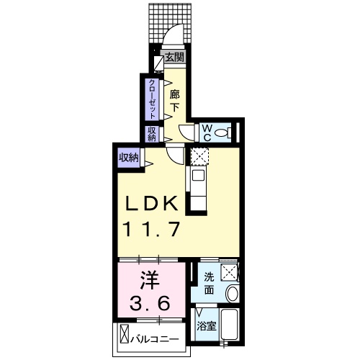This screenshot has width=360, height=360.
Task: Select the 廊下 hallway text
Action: [174, 101]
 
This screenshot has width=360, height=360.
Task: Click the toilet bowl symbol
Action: [223, 132]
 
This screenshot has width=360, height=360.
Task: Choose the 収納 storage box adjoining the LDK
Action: [129, 157]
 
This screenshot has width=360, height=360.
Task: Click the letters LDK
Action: [153, 204]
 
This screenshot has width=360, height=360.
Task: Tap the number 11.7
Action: [153, 231]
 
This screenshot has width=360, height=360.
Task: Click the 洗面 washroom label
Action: [207, 284]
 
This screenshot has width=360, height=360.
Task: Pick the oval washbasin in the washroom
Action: [232, 294]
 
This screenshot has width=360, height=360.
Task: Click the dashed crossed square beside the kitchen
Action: [198, 156]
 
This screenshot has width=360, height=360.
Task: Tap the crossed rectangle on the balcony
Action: [124, 336]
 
